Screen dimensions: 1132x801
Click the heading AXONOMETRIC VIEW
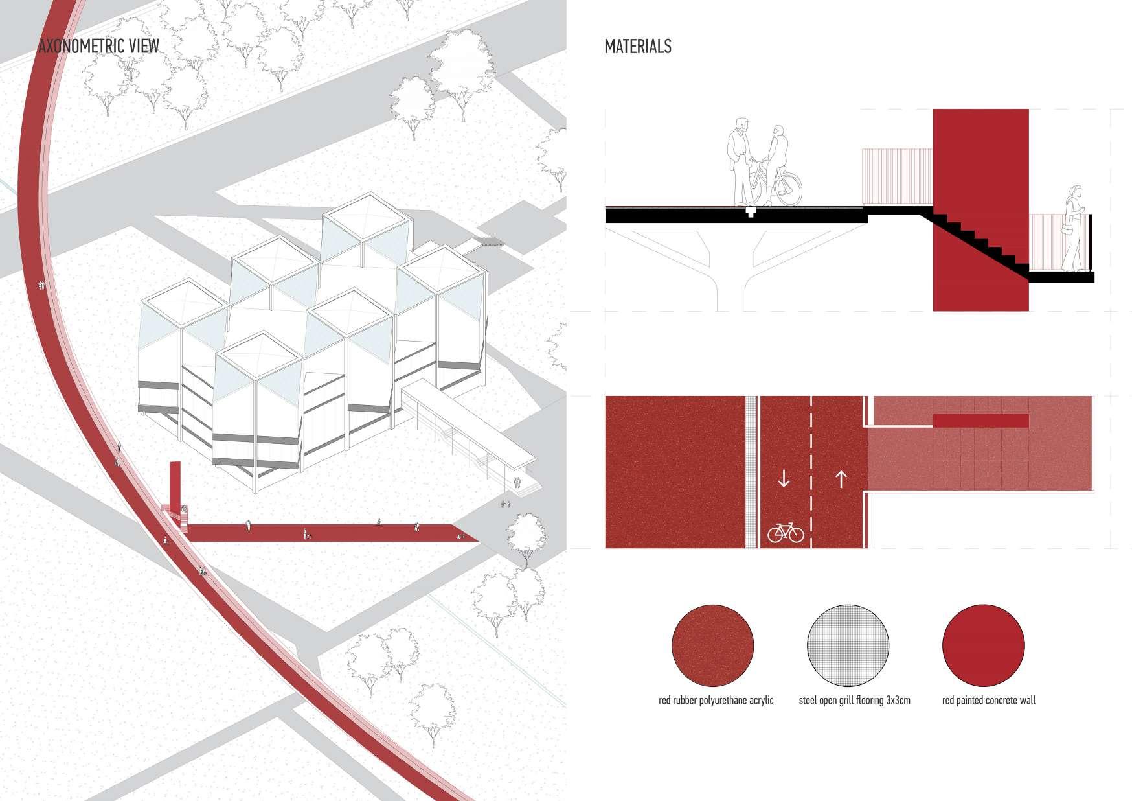[98, 47]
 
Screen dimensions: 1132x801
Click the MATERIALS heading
[637, 47]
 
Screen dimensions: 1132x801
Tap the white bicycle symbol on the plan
[785, 533]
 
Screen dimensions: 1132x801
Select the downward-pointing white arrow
[784, 479]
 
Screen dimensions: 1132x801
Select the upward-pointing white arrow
[841, 479]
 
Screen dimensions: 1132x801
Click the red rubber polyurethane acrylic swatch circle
[712, 645]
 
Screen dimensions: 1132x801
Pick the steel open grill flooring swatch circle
[848, 645]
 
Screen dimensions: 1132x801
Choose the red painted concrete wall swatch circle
[983, 645]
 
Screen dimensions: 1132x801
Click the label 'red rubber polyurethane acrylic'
[716, 701]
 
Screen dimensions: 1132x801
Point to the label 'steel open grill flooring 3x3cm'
[854, 701]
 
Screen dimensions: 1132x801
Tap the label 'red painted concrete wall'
[988, 701]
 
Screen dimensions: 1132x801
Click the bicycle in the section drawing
[780, 185]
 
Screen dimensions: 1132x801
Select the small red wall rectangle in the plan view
[980, 421]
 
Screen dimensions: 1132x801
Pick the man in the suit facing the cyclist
[738, 162]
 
